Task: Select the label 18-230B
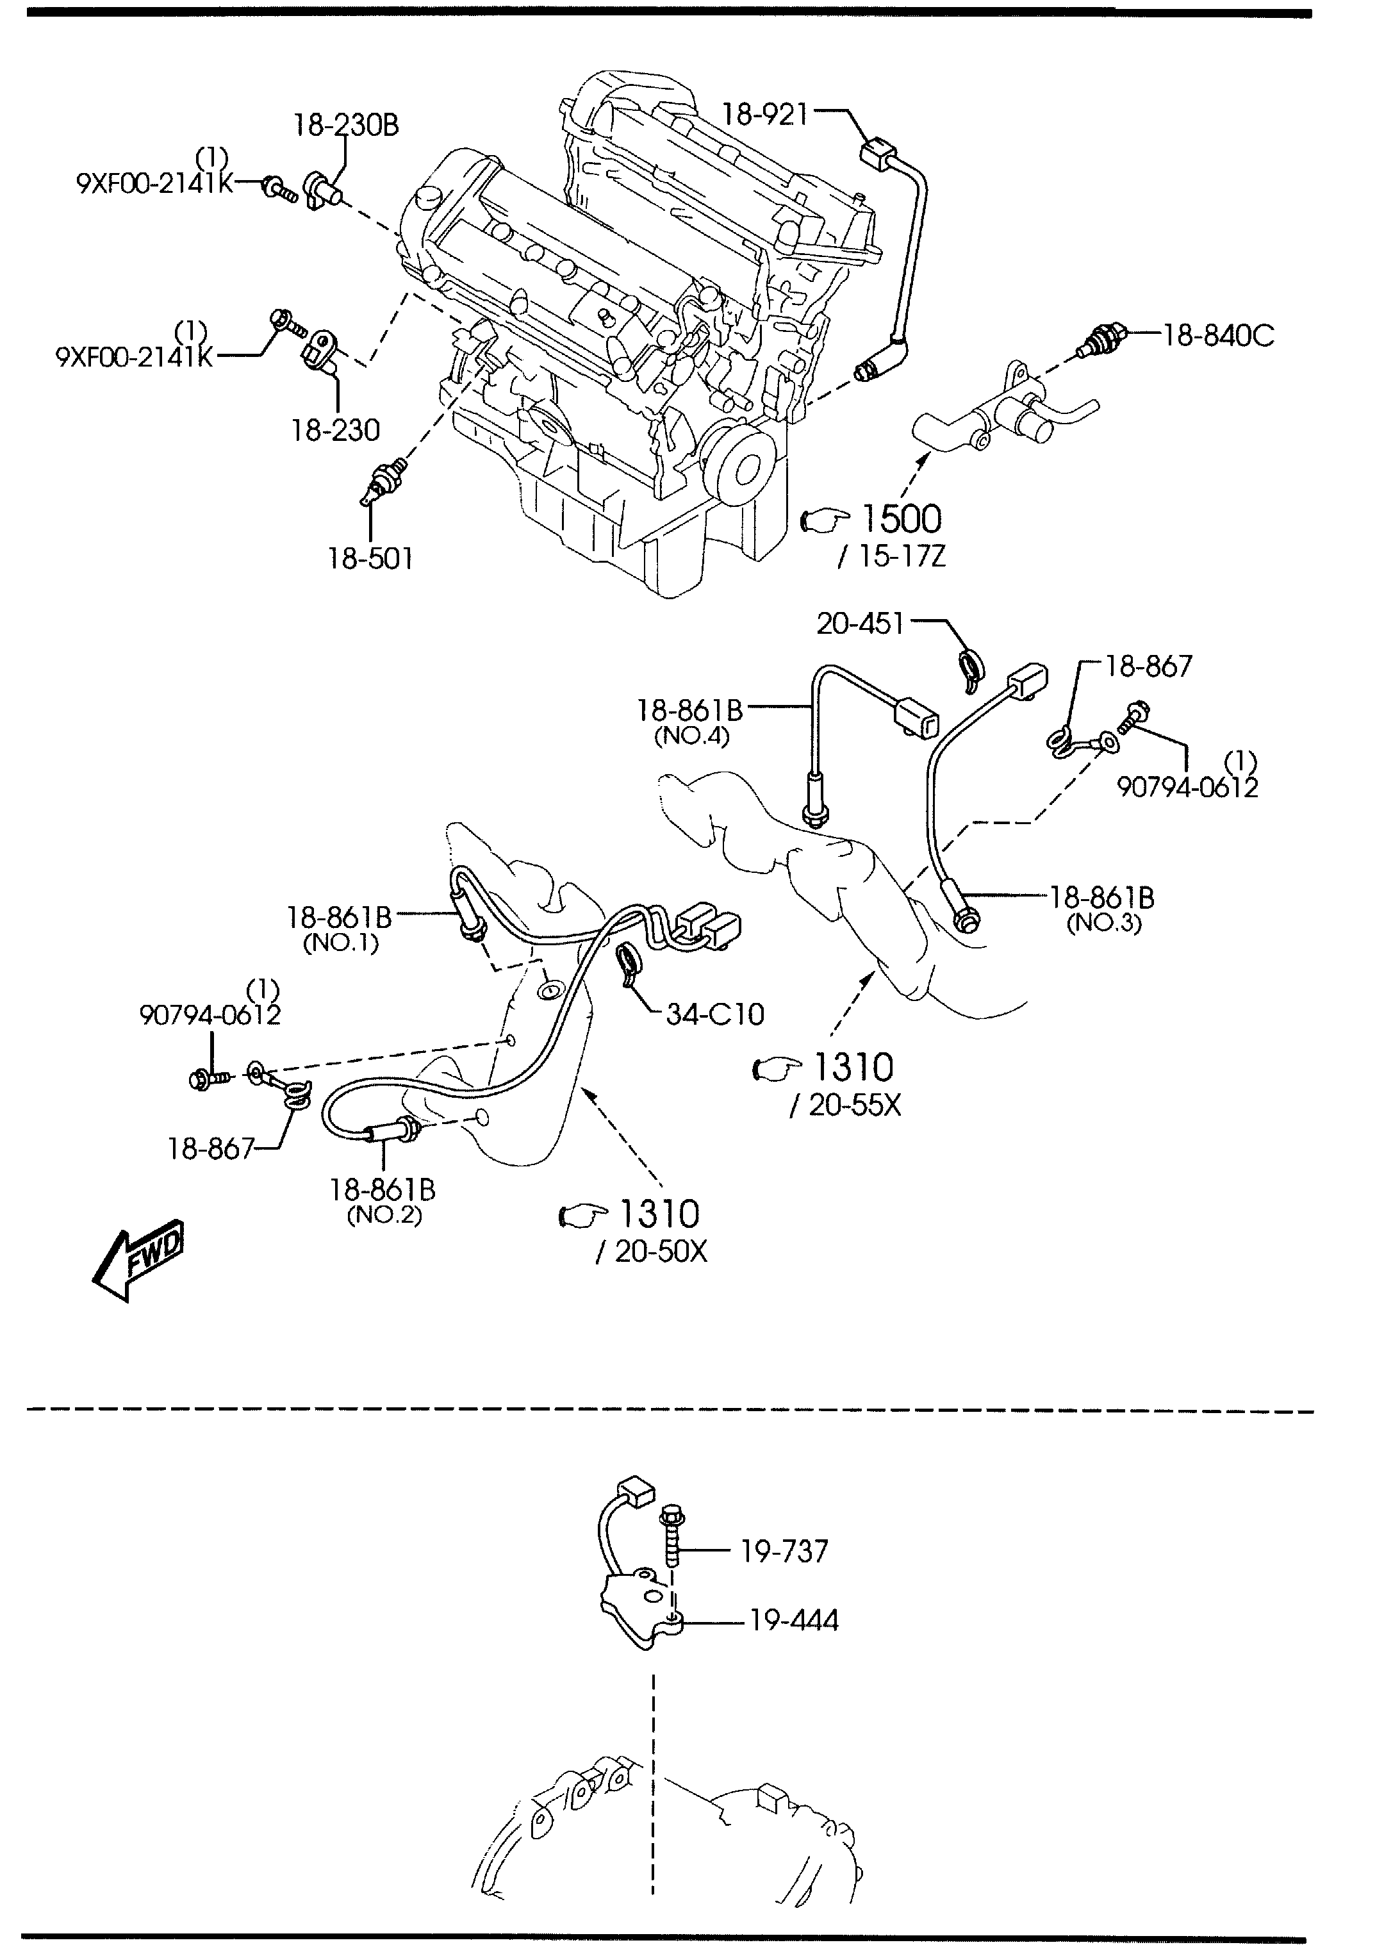346,126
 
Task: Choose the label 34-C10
715,1014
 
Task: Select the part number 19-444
795,1620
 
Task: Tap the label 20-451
860,624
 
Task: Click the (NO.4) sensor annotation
691,736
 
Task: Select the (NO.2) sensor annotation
384,1216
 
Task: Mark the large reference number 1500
901,519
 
